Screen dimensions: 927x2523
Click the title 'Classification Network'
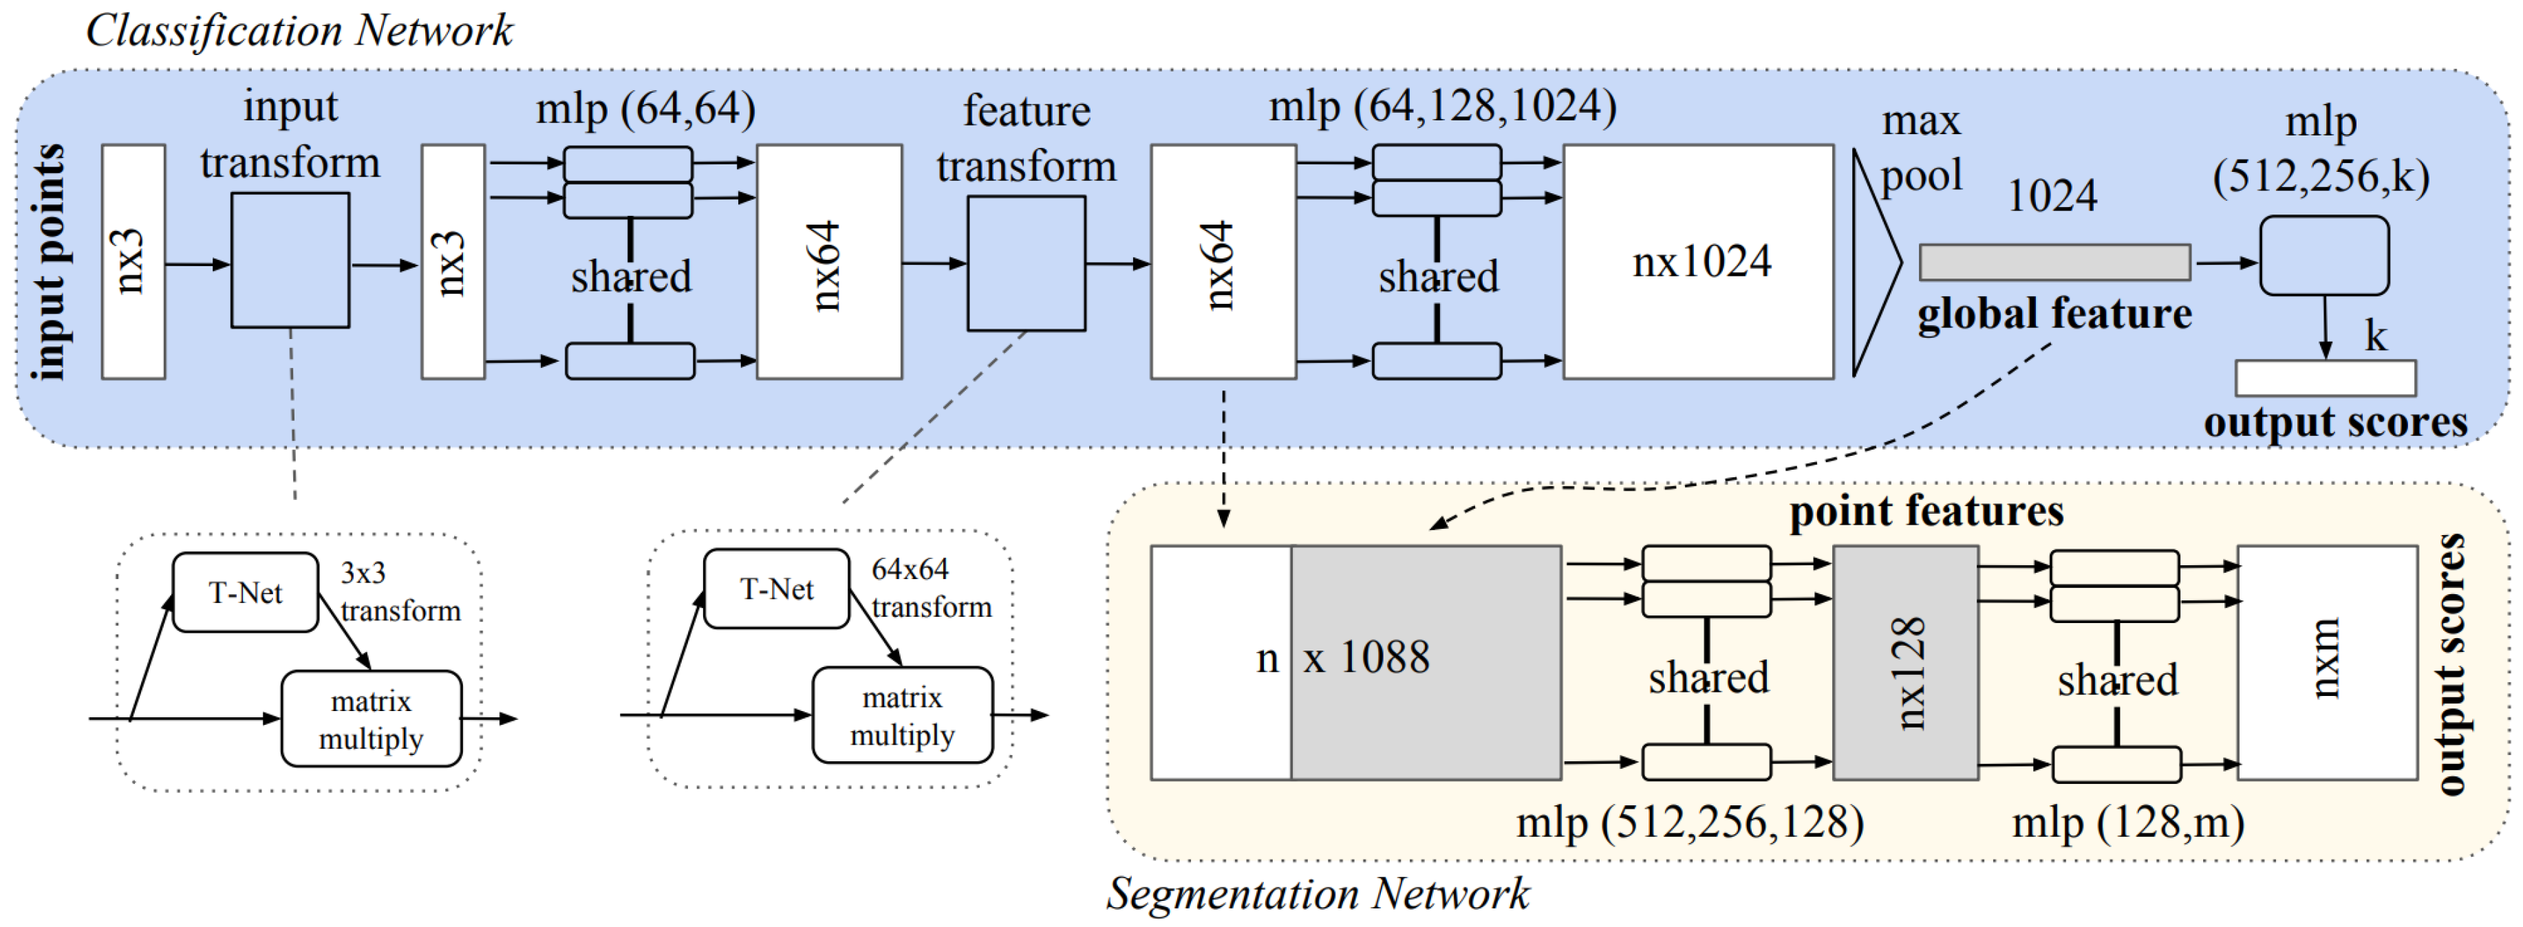click(x=299, y=30)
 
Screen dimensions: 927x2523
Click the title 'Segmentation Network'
click(x=1318, y=893)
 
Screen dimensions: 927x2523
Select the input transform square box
click(x=290, y=261)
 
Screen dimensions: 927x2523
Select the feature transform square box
click(x=1025, y=263)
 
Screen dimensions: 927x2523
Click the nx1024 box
click(x=1697, y=262)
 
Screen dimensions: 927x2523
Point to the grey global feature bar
click(x=2054, y=262)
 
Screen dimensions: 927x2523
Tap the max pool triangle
click(x=1873, y=262)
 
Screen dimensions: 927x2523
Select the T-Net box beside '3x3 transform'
click(x=245, y=592)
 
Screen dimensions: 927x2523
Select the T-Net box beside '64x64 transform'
click(x=775, y=588)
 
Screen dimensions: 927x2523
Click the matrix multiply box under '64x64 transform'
click(x=901, y=716)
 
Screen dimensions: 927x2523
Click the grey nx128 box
click(x=1905, y=663)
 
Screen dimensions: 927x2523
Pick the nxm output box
click(x=2326, y=663)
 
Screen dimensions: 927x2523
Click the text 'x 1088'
click(x=1366, y=657)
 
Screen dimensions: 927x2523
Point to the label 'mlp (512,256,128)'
click(x=1690, y=822)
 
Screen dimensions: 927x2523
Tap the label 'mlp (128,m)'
click(x=2127, y=822)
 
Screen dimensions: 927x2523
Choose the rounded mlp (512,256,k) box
click(x=2323, y=256)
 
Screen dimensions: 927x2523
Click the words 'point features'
click(x=1926, y=511)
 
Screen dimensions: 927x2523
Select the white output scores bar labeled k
click(x=2324, y=378)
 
